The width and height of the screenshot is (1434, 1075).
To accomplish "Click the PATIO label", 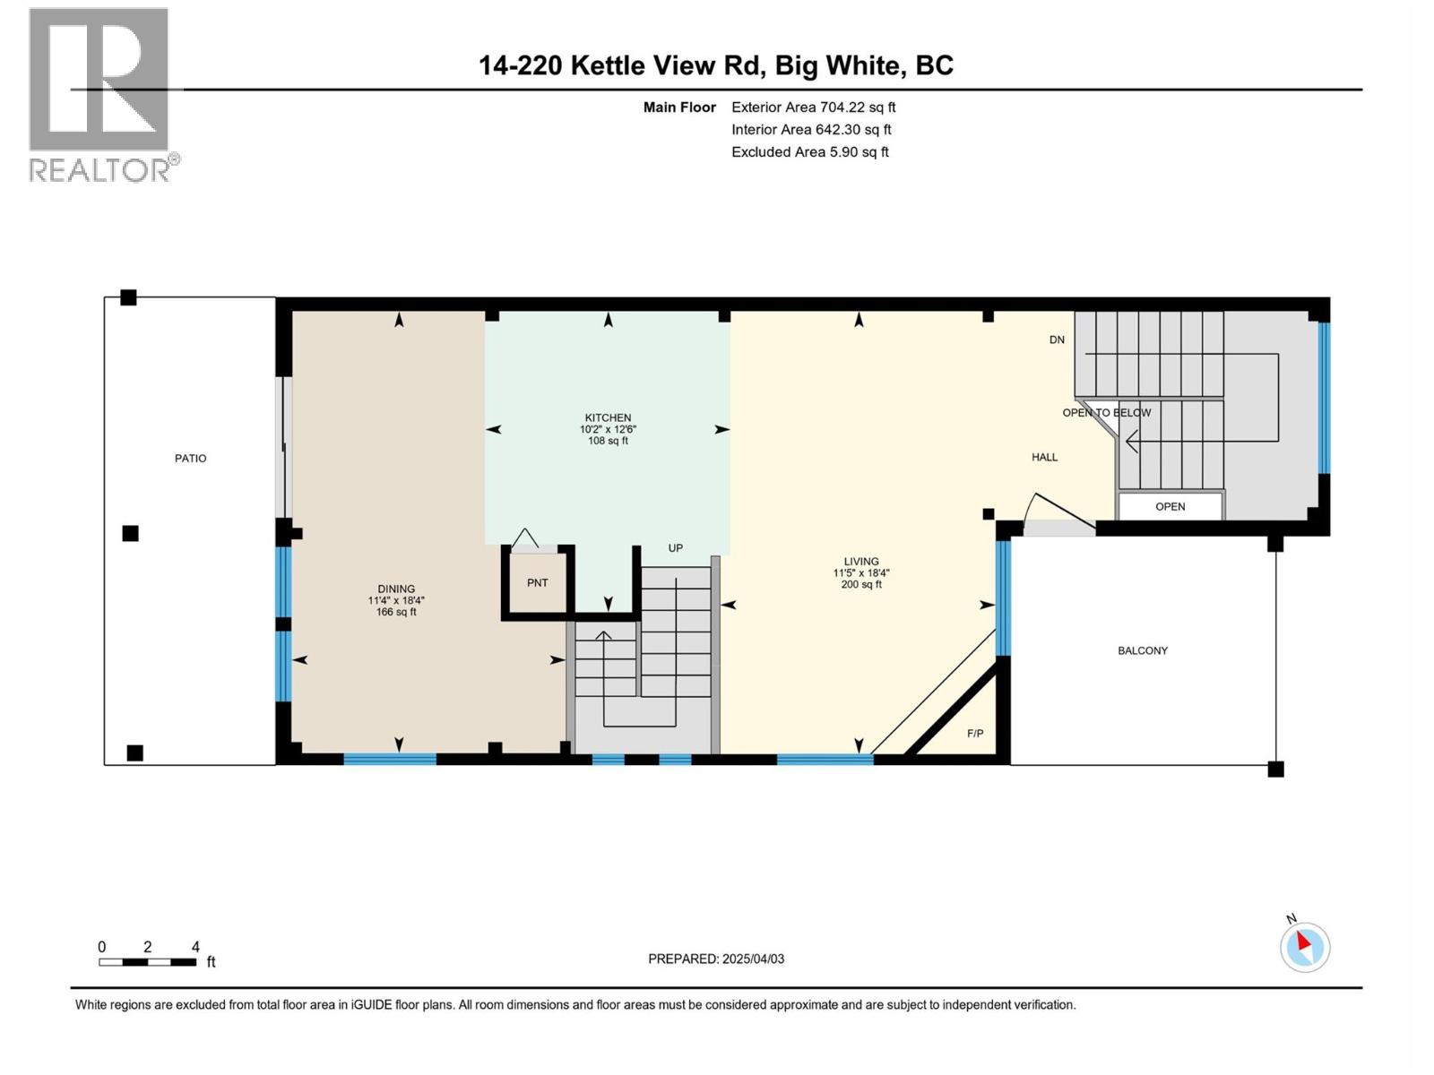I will click(x=190, y=459).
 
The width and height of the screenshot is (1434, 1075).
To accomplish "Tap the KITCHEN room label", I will click(x=608, y=418).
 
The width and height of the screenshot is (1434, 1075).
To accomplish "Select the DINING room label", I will click(x=396, y=589).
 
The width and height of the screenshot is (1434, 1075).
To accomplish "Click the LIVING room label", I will click(x=861, y=562).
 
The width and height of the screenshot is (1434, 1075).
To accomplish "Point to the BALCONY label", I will click(x=1143, y=651).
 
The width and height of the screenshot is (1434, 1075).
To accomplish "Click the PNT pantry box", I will click(x=537, y=583).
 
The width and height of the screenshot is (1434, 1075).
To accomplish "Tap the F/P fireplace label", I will click(x=975, y=734).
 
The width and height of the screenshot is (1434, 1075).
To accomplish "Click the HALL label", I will click(x=1044, y=458).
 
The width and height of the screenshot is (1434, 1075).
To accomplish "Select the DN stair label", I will click(x=1057, y=340).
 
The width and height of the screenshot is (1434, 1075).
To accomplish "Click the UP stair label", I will click(x=676, y=548).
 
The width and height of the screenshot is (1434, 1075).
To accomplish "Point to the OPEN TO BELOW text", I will click(x=1107, y=413).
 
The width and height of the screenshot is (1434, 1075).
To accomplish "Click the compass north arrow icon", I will click(x=1305, y=947).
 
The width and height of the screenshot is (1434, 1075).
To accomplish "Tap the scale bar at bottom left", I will click(x=147, y=962).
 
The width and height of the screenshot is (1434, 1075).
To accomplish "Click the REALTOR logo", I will click(x=100, y=94).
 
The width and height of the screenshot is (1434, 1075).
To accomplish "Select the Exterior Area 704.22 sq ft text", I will click(x=813, y=107).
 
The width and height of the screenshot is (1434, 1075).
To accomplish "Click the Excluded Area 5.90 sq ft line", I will click(x=809, y=152).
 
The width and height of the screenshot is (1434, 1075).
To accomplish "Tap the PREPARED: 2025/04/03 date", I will click(x=716, y=959).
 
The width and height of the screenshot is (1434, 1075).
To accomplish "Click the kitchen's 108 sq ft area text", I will click(x=608, y=441).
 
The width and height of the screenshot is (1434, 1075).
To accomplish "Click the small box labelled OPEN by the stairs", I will click(x=1170, y=506).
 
